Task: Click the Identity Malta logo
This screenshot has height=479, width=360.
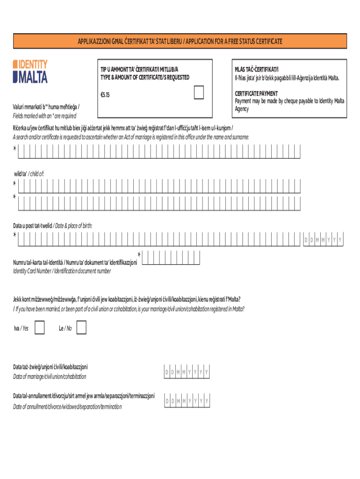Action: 30,72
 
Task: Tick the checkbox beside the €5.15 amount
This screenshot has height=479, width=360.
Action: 199,93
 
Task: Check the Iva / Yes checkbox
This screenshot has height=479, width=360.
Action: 40,328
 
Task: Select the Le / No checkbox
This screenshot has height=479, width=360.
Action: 81,328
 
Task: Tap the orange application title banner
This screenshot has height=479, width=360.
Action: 180,42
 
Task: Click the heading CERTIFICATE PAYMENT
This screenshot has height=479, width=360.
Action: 256,94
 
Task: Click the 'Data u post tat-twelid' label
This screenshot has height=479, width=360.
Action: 33,225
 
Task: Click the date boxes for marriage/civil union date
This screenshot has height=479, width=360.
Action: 186,372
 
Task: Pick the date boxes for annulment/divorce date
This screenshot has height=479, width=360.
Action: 186,401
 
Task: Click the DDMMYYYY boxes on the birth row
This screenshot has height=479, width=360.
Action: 324,240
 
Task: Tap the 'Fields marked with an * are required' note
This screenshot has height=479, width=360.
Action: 44,116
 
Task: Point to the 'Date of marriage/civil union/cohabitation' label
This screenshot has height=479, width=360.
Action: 50,377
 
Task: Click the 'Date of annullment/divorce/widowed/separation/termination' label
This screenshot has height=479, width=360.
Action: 67,406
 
